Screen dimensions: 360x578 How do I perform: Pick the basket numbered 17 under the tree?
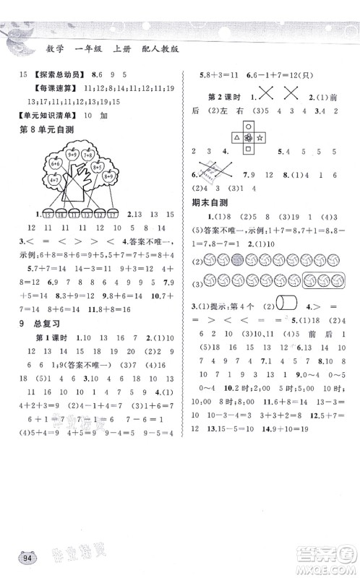(x=113, y=213)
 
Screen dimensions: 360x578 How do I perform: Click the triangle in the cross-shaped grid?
(x=236, y=137)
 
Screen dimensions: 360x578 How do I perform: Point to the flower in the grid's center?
(x=249, y=137)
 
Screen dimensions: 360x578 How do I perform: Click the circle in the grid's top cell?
(x=249, y=126)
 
